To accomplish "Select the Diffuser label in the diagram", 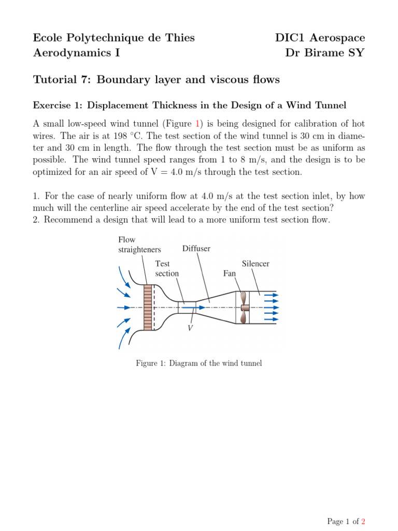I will pos(196,249).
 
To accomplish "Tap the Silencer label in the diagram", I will pos(255,264).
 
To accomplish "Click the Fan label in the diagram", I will pos(230,273).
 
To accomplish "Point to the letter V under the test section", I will pos(190,328).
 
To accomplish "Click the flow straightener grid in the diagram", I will pos(149,308).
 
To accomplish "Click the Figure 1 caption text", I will pos(199,363).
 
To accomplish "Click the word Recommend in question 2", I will pos(69,220).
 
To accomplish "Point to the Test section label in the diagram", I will pos(167,269).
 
